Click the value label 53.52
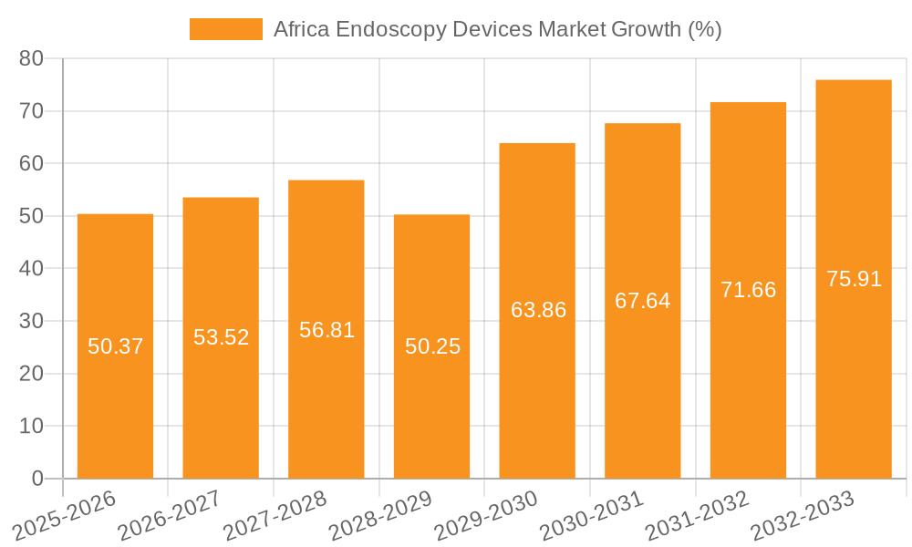(221, 337)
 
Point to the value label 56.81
(326, 330)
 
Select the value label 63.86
(538, 310)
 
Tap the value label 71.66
(748, 290)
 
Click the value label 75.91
(854, 279)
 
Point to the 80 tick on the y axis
(31, 58)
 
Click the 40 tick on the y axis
(31, 269)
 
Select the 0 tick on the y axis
(37, 479)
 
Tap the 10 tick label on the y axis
(31, 426)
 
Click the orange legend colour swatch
(225, 29)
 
